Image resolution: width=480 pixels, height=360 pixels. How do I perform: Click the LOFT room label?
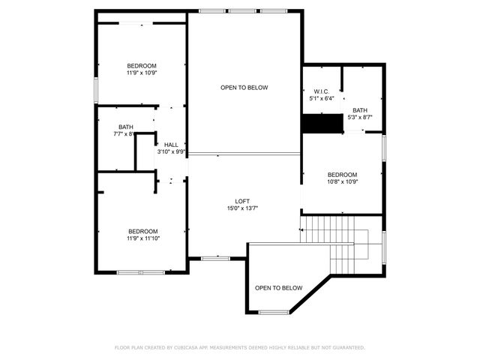(x=242, y=201)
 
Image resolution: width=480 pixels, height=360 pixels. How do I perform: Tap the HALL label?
(x=171, y=144)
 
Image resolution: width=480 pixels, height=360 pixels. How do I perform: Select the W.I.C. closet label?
(x=322, y=91)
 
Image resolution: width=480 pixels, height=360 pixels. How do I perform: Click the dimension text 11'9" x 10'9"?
(x=142, y=73)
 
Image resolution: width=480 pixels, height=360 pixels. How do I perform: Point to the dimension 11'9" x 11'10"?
(x=142, y=238)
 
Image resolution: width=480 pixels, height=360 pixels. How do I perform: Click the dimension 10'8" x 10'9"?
(x=342, y=181)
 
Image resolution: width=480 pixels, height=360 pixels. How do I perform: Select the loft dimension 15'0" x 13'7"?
(x=242, y=208)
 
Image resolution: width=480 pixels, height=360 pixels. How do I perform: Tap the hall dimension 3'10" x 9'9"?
(x=171, y=151)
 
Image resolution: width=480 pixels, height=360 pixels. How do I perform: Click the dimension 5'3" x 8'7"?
(x=360, y=117)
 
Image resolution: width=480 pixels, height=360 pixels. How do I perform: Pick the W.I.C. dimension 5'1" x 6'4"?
(x=322, y=98)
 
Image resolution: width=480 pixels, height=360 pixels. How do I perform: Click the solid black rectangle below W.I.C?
(x=322, y=123)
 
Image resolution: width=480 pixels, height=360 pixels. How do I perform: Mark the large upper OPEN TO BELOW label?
(x=244, y=88)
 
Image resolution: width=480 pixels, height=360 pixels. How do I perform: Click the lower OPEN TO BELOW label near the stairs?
(x=278, y=288)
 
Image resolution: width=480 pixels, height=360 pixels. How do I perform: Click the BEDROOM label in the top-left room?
(x=142, y=66)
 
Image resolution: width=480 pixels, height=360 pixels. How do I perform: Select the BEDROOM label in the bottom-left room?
(x=142, y=231)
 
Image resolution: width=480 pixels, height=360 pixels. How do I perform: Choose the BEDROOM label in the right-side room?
(x=342, y=174)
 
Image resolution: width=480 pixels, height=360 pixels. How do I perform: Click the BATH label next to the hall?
(x=126, y=127)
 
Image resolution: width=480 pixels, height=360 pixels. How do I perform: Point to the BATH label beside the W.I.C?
(x=360, y=109)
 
